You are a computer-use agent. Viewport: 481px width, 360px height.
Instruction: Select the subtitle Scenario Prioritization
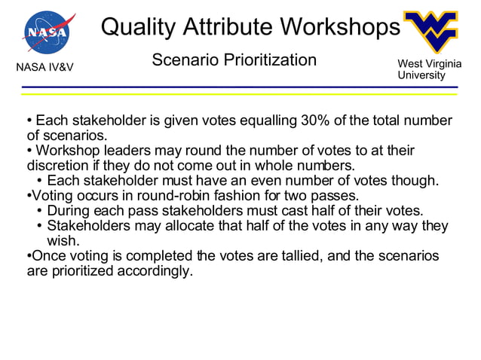(x=234, y=59)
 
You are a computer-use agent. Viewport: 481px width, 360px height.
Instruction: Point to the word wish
(x=64, y=241)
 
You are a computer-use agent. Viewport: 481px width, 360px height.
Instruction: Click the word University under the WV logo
(x=421, y=75)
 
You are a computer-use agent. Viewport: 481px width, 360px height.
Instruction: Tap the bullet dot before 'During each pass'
(x=39, y=211)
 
